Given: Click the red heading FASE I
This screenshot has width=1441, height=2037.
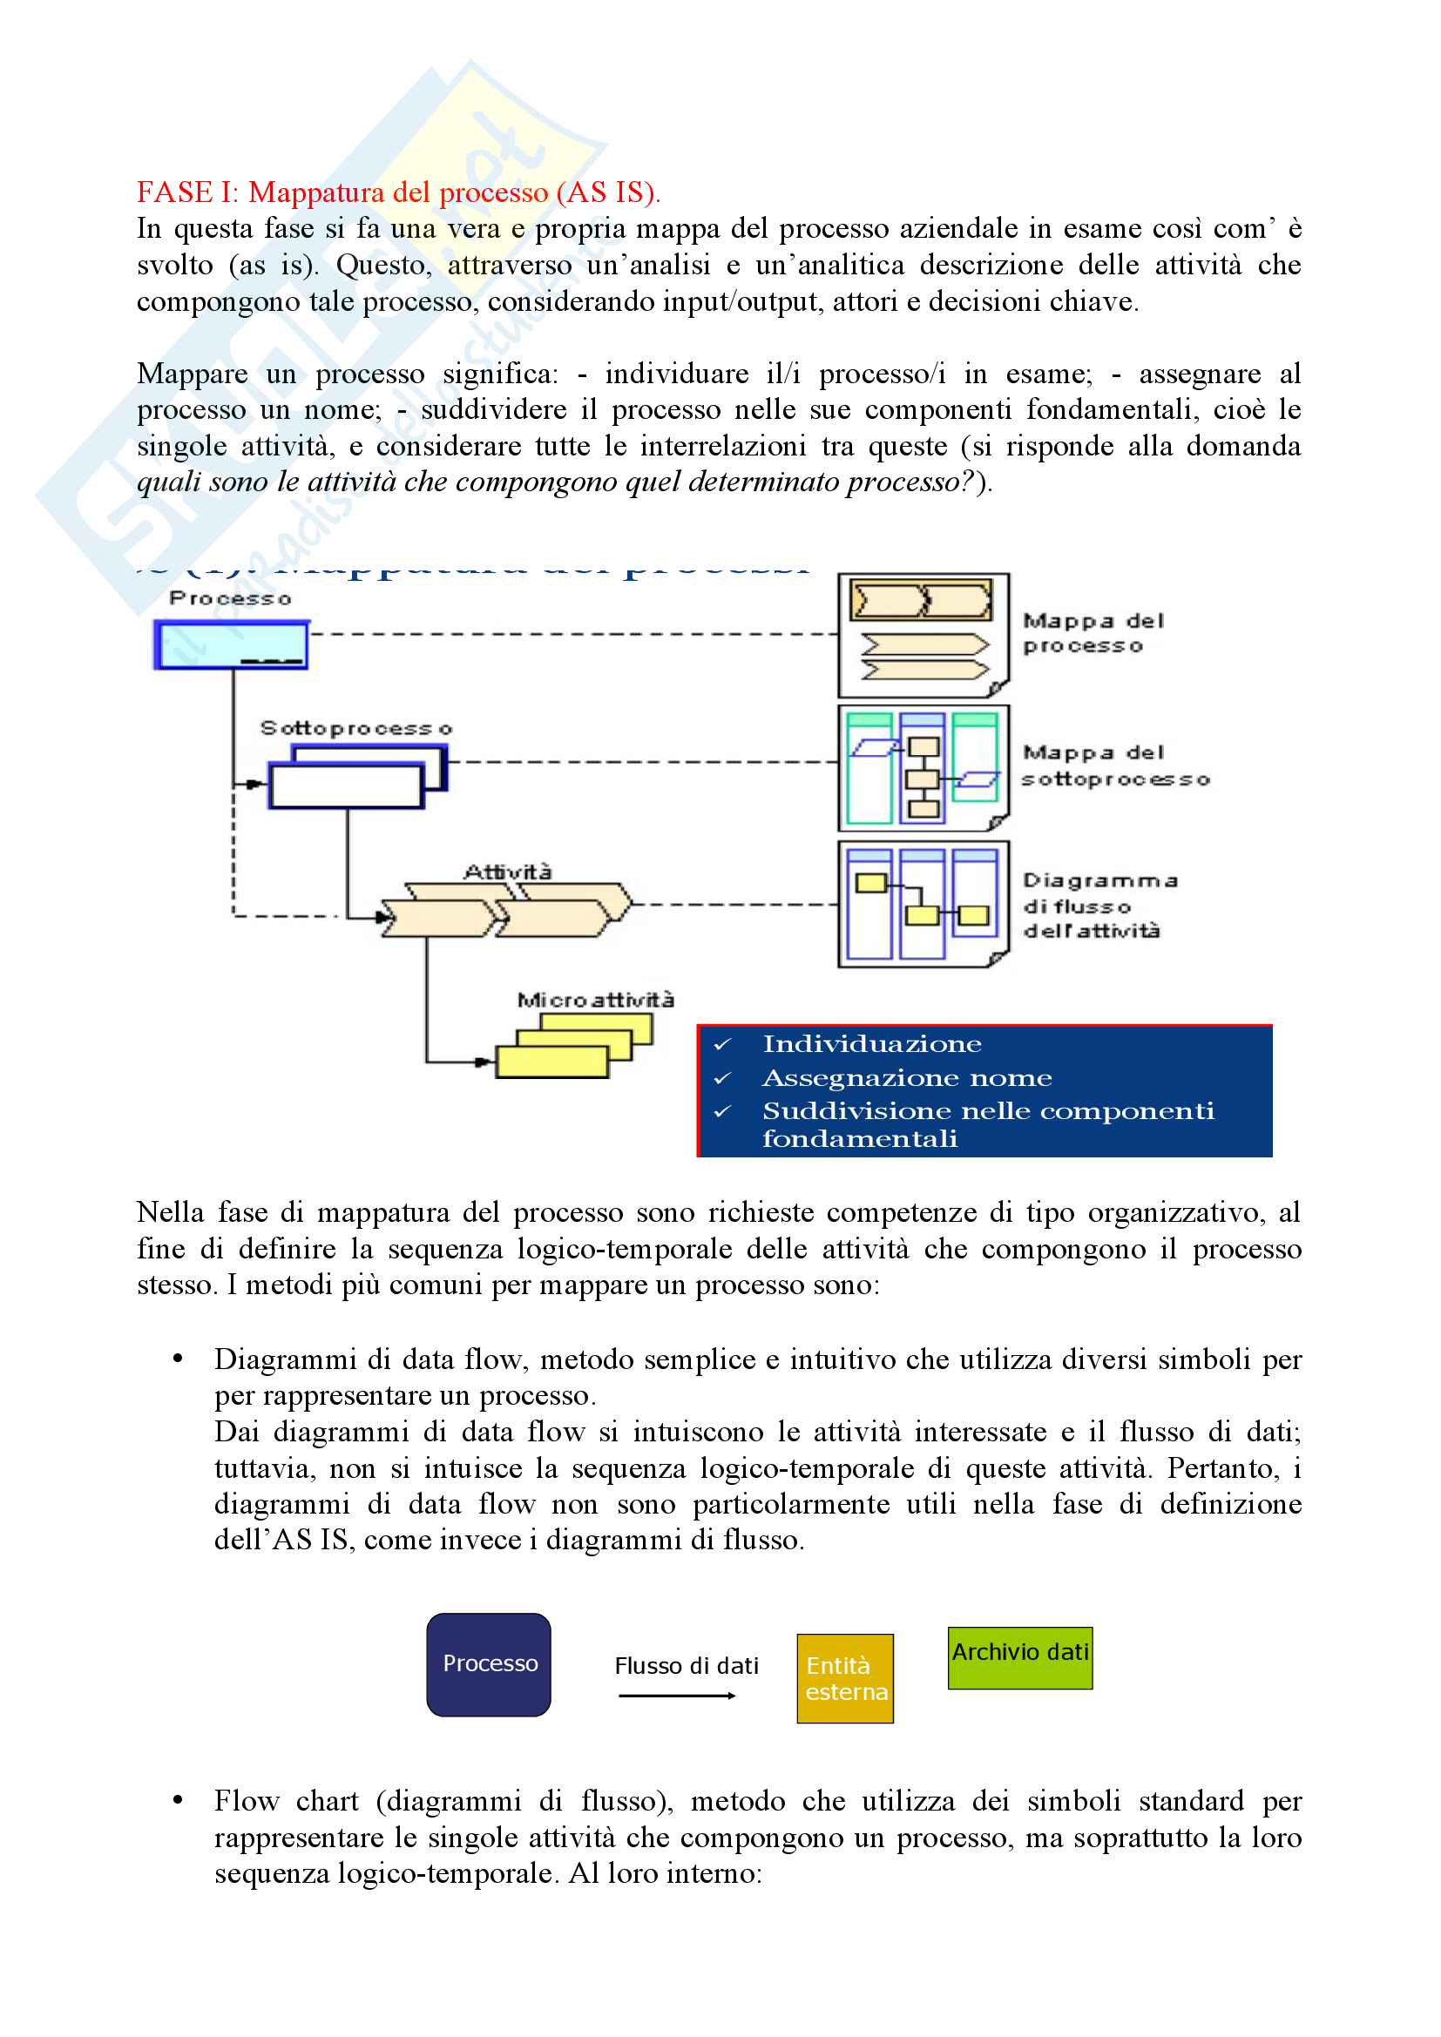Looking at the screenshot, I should [x=397, y=192].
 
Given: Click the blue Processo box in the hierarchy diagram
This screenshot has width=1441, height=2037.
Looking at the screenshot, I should [x=231, y=644].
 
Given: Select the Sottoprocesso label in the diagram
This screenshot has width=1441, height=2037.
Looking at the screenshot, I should [x=355, y=728].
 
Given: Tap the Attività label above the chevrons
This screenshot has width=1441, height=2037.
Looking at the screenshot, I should [x=508, y=872].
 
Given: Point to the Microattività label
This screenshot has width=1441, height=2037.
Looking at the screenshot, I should [x=595, y=1000].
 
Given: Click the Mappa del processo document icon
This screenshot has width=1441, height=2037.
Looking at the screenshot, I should [x=923, y=634].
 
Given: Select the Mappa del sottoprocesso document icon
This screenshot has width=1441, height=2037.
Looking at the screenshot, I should [x=923, y=767].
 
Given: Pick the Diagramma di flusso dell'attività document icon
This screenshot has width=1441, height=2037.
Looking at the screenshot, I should [x=923, y=904].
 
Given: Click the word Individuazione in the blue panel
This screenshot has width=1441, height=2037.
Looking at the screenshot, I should [x=871, y=1044].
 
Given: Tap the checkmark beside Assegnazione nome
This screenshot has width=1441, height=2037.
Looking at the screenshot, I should [x=723, y=1079].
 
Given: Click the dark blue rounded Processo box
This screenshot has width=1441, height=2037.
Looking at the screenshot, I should [x=489, y=1664].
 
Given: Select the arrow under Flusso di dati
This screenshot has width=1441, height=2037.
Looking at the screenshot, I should [x=677, y=1696].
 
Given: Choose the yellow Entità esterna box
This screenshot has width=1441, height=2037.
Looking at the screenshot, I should [x=845, y=1678].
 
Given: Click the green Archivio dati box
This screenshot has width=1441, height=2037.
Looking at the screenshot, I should [x=1019, y=1657].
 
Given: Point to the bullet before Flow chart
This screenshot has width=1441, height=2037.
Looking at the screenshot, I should [x=179, y=1800].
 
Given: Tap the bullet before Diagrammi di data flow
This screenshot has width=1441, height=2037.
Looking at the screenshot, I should [x=179, y=1359].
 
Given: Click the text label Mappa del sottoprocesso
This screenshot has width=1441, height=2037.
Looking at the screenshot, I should [x=1114, y=766].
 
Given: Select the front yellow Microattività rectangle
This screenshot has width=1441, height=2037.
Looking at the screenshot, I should [x=551, y=1062].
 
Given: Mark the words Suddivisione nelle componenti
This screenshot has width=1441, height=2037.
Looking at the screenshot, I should [x=988, y=1110].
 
